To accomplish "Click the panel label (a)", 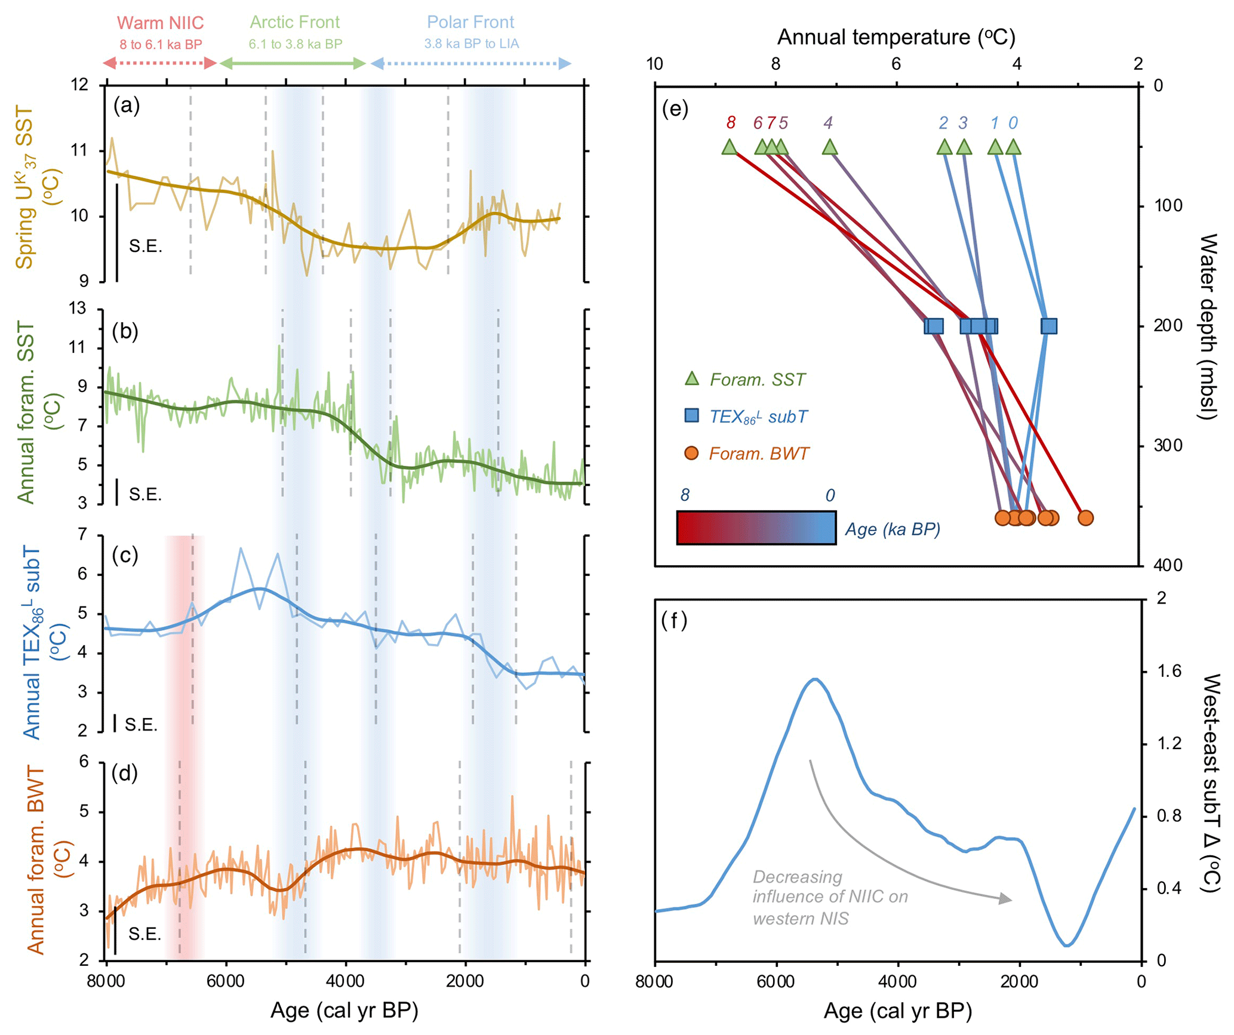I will coord(127,106).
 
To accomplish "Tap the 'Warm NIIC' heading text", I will coord(160,23).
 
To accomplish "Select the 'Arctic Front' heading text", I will coord(294,22).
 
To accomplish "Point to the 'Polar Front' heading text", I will coord(470,22).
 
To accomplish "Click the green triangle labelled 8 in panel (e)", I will coord(729,147).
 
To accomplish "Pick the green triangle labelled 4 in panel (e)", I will coord(829,147).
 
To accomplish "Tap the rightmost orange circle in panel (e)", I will coord(1085,517).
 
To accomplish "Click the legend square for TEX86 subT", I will coord(691,415).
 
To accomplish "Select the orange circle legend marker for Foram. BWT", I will coord(691,453).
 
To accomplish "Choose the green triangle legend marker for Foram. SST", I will coord(691,378).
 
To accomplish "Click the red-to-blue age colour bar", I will coord(756,528).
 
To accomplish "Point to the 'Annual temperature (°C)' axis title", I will coord(896,37).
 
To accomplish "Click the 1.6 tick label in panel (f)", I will coord(1169,671).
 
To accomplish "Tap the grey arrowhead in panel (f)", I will coord(1005,898).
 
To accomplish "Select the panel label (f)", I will coord(674,621).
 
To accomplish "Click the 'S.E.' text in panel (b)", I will coord(145,494).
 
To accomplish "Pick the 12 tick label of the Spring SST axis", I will coord(79,85).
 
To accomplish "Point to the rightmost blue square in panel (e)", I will coord(1048,326).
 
